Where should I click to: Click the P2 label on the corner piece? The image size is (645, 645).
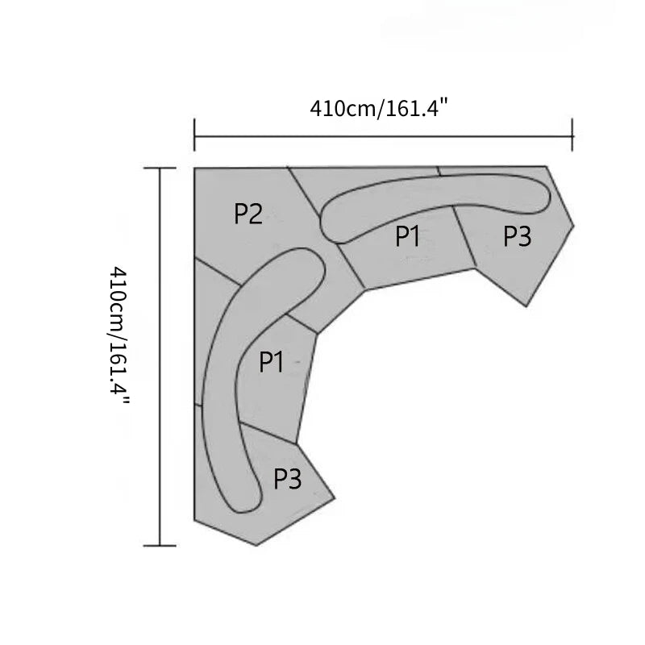click(248, 214)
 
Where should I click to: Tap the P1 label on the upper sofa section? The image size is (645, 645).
click(407, 236)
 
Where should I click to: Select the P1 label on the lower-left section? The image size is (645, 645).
click(271, 362)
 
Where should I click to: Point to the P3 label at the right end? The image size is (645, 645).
click(518, 236)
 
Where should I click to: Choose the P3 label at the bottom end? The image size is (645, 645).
click(288, 479)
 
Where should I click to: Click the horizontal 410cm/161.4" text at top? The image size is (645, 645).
click(379, 109)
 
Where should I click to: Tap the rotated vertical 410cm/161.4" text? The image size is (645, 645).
click(119, 336)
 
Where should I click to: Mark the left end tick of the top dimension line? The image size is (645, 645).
click(194, 135)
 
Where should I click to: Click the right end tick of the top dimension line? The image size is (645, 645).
click(572, 135)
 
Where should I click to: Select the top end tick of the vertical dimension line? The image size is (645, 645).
click(160, 168)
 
